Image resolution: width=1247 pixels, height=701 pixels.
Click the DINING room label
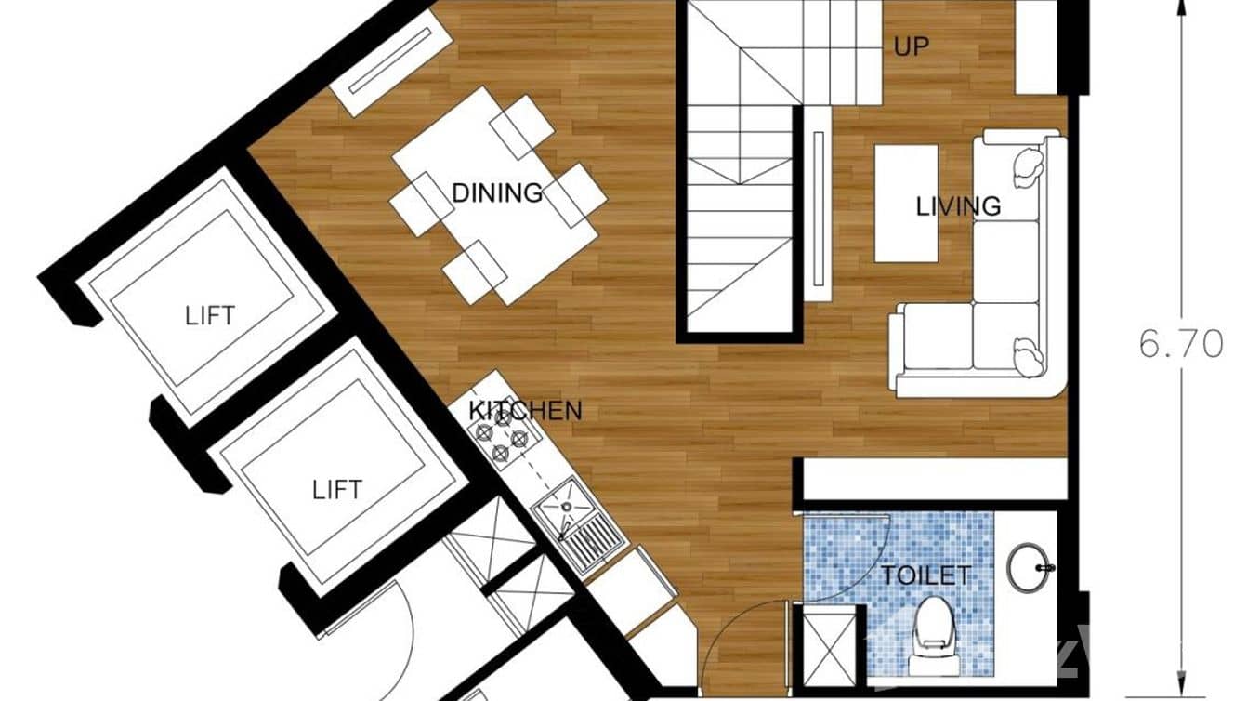click(x=496, y=192)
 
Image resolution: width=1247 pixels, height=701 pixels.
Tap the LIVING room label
click(x=958, y=205)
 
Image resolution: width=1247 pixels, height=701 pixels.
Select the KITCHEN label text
click(x=525, y=410)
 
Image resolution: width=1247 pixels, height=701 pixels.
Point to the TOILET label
click(x=925, y=575)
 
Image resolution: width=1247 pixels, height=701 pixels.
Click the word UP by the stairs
click(x=911, y=46)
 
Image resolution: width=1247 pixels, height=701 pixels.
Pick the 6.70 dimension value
click(x=1181, y=345)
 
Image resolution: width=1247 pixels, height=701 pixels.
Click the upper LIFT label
click(x=210, y=314)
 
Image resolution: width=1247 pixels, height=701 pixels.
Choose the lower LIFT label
click(x=336, y=489)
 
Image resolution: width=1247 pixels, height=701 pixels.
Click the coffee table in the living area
click(x=905, y=204)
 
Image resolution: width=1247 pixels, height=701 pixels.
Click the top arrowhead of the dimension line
click(x=1183, y=9)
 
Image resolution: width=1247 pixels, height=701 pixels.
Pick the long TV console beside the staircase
click(x=818, y=210)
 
